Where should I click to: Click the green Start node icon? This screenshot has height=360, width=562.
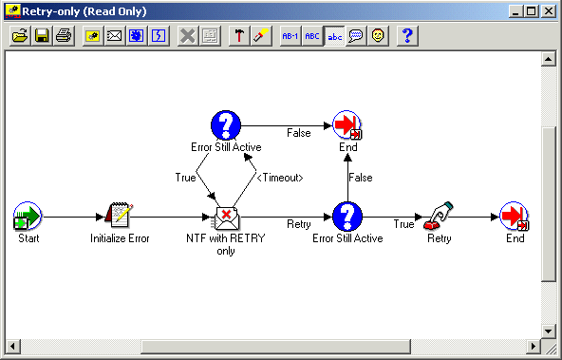[28, 217]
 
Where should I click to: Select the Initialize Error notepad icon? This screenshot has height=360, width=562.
[119, 217]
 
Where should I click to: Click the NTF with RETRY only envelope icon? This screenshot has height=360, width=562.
[226, 218]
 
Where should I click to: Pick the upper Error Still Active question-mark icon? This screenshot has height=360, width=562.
[225, 125]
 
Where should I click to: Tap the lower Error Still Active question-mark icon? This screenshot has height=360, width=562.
[347, 217]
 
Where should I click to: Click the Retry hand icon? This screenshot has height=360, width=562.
[439, 217]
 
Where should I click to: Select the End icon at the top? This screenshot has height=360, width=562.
[347, 125]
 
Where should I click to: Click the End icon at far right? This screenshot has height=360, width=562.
[514, 217]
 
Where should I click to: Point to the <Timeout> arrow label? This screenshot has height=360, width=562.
[280, 178]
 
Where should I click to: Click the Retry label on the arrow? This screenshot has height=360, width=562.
[299, 224]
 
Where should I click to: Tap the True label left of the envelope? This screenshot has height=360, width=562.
[185, 178]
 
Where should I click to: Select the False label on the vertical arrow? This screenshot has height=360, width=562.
[360, 178]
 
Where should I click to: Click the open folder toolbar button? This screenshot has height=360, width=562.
[19, 36]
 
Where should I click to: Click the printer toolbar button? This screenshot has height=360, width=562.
[63, 36]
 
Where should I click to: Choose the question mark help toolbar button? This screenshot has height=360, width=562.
[406, 36]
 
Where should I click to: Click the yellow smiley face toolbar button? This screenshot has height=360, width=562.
[378, 36]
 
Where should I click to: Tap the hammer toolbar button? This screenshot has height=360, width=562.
[239, 36]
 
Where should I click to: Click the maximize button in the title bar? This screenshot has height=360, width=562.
[532, 11]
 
